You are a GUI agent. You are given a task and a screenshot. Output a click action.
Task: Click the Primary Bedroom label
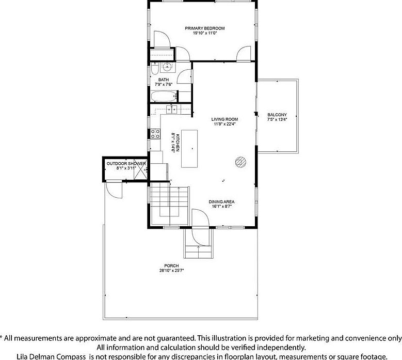(x=205, y=28)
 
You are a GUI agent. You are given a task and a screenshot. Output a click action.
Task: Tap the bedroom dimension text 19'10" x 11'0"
(x=205, y=33)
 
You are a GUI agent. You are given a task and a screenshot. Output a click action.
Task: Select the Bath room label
(x=163, y=80)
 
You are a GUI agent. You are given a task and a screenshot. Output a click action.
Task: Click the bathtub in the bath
(x=164, y=97)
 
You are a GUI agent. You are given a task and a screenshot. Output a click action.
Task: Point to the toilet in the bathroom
(x=155, y=69)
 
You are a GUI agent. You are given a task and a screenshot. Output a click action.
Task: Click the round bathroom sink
(x=167, y=67)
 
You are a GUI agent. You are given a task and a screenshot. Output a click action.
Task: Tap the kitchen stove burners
(x=155, y=134)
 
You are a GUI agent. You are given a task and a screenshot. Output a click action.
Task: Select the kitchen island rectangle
(x=189, y=149)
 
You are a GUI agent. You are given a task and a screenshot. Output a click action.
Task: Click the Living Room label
(x=224, y=119)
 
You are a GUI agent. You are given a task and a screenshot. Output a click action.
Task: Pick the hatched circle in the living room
(x=240, y=162)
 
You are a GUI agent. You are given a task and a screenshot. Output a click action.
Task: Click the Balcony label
(x=277, y=115)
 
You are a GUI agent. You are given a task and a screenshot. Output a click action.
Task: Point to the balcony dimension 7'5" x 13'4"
(x=277, y=119)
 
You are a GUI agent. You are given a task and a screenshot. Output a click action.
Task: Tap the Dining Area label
(x=221, y=202)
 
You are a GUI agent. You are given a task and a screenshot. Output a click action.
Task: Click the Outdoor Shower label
(x=126, y=163)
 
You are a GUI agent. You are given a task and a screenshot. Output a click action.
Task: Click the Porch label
(x=171, y=266)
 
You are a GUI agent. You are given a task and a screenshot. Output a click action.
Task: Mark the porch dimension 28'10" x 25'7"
(x=171, y=271)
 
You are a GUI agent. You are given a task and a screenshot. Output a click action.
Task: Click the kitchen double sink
(x=171, y=109)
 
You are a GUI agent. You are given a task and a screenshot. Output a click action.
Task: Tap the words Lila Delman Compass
(x=51, y=357)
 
